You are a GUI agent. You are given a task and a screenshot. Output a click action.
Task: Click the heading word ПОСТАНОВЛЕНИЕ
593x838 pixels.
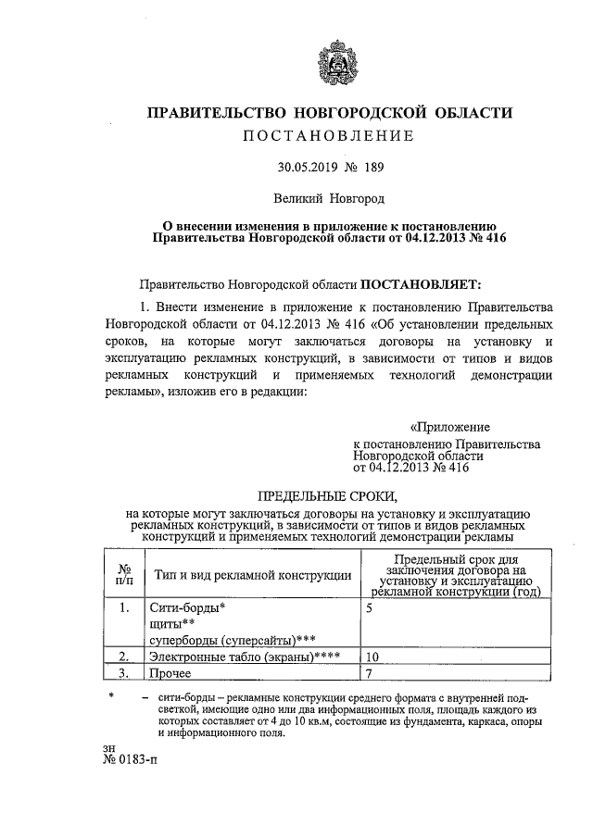coord(329,137)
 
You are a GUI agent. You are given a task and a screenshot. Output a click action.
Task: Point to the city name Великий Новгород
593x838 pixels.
coord(328,198)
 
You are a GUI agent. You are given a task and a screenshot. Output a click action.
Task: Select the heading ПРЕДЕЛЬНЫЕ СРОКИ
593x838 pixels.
coord(328,495)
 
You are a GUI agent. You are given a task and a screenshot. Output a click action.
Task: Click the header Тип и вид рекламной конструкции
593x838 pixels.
coord(253,575)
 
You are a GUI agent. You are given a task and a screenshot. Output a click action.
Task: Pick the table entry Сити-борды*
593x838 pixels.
coord(187,609)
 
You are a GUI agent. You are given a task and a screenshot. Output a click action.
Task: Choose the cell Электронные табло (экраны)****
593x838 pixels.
coord(245,657)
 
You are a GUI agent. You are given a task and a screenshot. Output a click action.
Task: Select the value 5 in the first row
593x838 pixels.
coord(370,609)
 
